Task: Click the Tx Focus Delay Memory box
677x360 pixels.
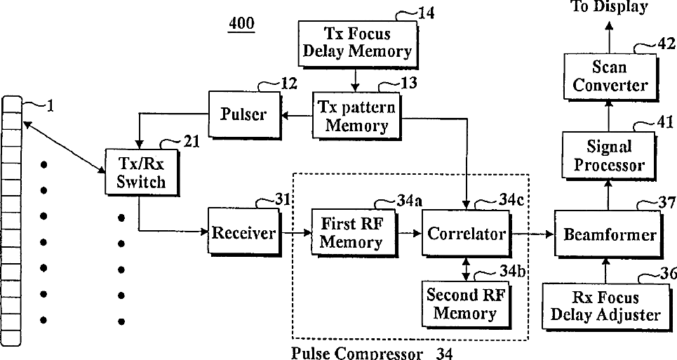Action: pyautogui.click(x=357, y=42)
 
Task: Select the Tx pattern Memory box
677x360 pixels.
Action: pyautogui.click(x=356, y=116)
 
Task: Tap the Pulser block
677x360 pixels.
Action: pyautogui.click(x=243, y=114)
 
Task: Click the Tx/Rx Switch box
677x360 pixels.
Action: pyautogui.click(x=141, y=172)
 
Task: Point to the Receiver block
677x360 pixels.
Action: pyautogui.click(x=243, y=232)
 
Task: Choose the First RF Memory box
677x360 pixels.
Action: pyautogui.click(x=352, y=233)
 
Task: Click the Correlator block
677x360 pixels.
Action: pyautogui.click(x=466, y=233)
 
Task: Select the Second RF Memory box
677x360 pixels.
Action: pyautogui.click(x=465, y=303)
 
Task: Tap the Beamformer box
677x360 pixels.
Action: pyautogui.click(x=610, y=234)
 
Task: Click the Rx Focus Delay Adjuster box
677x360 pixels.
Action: pyautogui.click(x=605, y=306)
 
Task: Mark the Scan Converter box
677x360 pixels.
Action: pyautogui.click(x=610, y=76)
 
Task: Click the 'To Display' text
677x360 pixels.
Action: pyautogui.click(x=609, y=7)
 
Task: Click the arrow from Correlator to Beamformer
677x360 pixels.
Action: pyautogui.click(x=532, y=234)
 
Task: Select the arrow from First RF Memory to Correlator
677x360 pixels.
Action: pyautogui.click(x=408, y=234)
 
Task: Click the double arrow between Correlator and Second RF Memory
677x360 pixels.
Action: pyautogui.click(x=465, y=268)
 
